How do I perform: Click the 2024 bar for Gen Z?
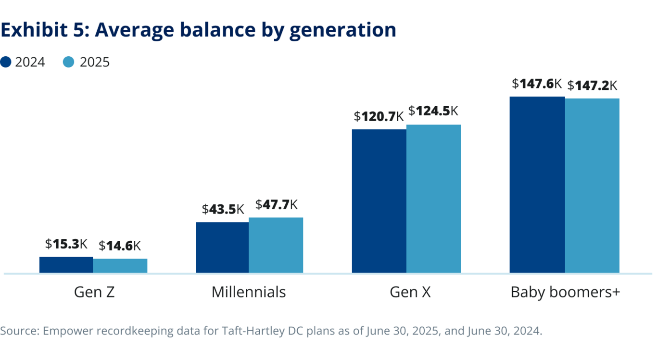(x=66, y=265)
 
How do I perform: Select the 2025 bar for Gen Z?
(x=120, y=266)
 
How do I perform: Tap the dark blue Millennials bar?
(x=222, y=248)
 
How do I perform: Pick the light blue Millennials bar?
(x=276, y=245)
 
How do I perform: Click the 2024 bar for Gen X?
(x=379, y=201)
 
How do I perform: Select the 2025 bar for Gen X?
(x=433, y=199)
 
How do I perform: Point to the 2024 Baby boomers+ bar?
(x=537, y=185)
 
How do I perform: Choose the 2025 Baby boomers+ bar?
(x=592, y=186)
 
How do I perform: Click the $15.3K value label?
(x=66, y=244)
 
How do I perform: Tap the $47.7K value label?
(x=277, y=205)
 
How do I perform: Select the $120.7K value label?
(x=379, y=116)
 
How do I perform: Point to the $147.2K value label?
(x=592, y=86)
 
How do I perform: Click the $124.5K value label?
(x=433, y=111)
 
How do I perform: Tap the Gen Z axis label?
(x=94, y=292)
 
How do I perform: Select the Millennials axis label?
(x=249, y=292)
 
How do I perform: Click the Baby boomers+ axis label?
(x=565, y=292)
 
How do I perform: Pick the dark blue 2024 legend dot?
(x=6, y=62)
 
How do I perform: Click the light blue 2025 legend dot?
(x=69, y=62)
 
